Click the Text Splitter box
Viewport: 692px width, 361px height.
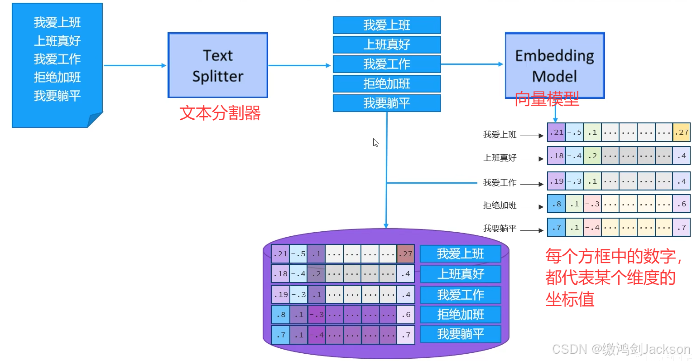coord(217,65)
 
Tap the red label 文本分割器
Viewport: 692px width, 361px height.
coord(220,113)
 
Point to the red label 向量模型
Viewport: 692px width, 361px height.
coord(547,99)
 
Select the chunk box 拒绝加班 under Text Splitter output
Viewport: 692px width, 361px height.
coord(387,84)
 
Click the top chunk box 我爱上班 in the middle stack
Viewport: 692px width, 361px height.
coord(387,25)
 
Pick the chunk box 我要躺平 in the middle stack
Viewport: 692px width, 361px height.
coord(387,103)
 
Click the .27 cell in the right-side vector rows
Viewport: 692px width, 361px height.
coord(682,132)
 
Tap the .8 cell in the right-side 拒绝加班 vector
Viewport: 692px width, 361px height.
coord(556,204)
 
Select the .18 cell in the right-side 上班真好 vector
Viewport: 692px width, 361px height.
coord(556,156)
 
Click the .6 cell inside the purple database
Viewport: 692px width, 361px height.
coord(406,314)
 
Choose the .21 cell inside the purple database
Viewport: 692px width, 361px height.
coord(280,254)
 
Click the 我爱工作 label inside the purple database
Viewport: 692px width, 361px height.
coord(461,295)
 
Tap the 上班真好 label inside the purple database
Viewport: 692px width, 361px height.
coord(461,274)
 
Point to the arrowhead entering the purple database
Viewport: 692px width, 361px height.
coord(386,225)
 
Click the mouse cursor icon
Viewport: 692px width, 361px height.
coord(375,143)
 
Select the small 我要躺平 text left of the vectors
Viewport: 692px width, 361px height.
coord(500,229)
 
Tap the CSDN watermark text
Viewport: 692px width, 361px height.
coord(621,349)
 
